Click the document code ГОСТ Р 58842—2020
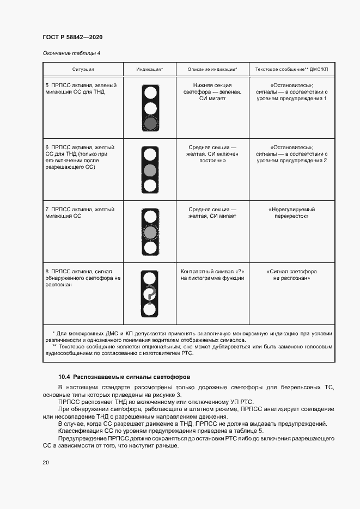click(72, 37)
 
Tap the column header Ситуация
click(83, 70)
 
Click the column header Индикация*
click(150, 70)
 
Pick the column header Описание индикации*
click(212, 70)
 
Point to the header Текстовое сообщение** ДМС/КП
click(292, 70)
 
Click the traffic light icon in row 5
click(150, 108)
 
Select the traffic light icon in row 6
click(150, 170)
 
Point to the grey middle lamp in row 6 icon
click(150, 170)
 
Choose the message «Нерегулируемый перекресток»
click(292, 213)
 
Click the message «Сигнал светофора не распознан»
click(292, 275)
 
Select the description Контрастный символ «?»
click(212, 275)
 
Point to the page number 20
click(46, 463)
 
